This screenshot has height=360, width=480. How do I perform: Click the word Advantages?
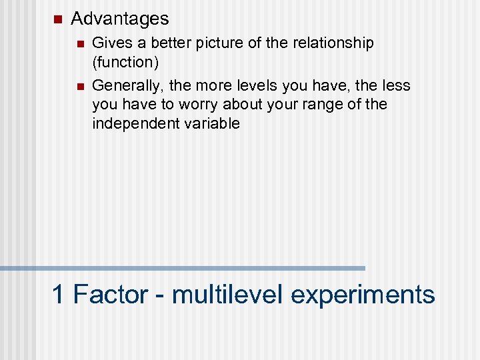tap(119, 19)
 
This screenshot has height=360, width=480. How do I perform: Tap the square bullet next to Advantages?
tap(56, 19)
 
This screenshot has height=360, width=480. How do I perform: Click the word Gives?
tap(109, 43)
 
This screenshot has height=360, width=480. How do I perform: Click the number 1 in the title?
tap(59, 295)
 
